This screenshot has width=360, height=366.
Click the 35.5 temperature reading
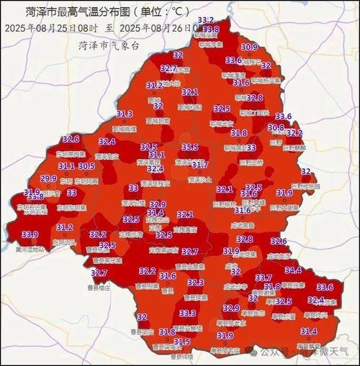click(190, 147)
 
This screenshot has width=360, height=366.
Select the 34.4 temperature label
click(293, 270)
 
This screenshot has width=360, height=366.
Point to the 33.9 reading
click(30, 234)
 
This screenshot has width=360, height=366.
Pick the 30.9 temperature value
click(249, 47)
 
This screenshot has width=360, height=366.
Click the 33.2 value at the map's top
click(205, 20)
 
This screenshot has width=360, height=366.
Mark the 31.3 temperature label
click(124, 114)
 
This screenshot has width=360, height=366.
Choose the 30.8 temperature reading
click(276, 127)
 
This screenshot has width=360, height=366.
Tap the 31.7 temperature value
click(199, 165)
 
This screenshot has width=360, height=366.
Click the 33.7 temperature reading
click(264, 278)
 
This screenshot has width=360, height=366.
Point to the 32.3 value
click(196, 283)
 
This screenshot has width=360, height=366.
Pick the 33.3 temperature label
click(188, 314)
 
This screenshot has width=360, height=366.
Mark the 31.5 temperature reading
click(182, 342)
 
